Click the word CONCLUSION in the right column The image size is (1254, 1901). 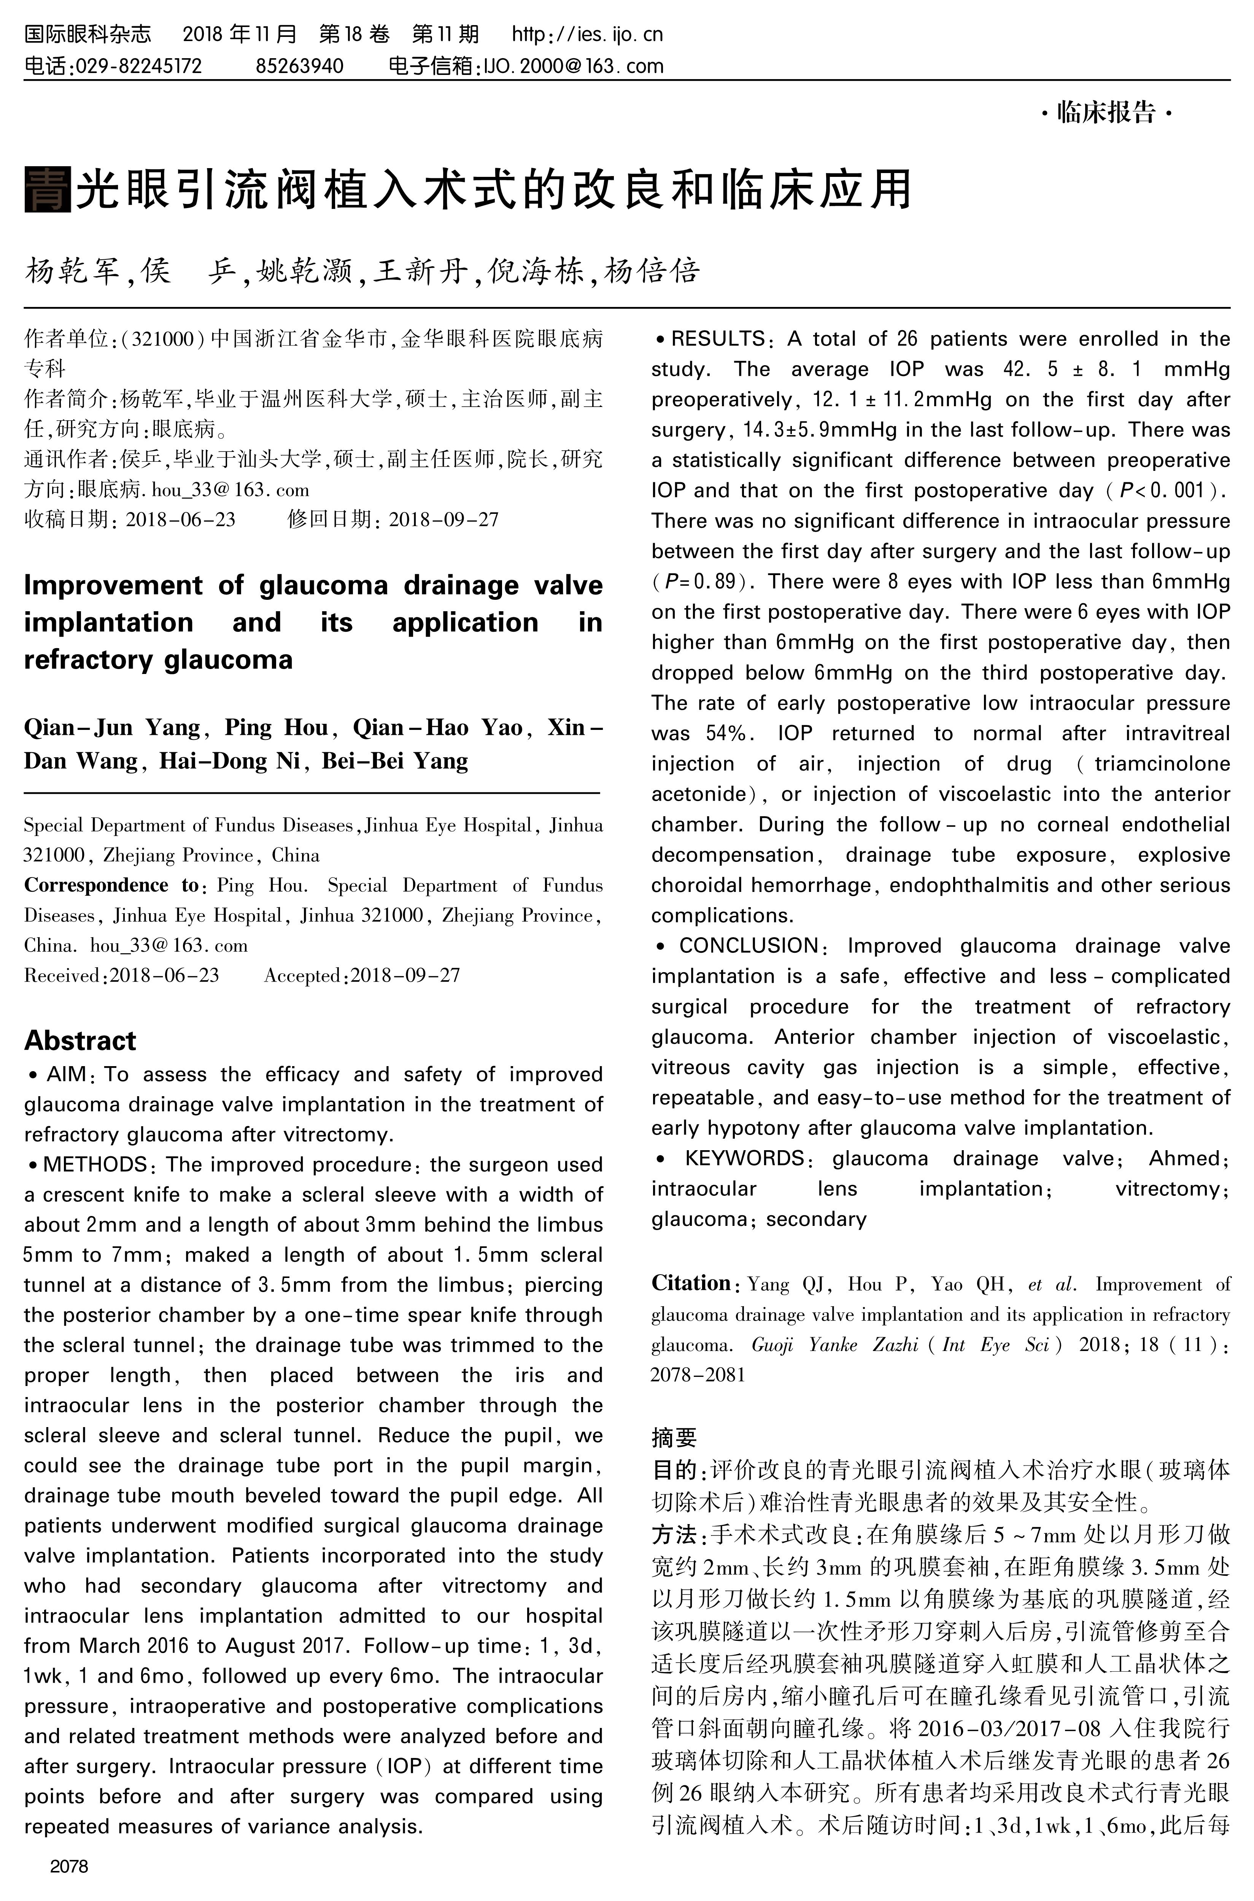[749, 946]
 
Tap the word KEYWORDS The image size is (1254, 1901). [744, 1159]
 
